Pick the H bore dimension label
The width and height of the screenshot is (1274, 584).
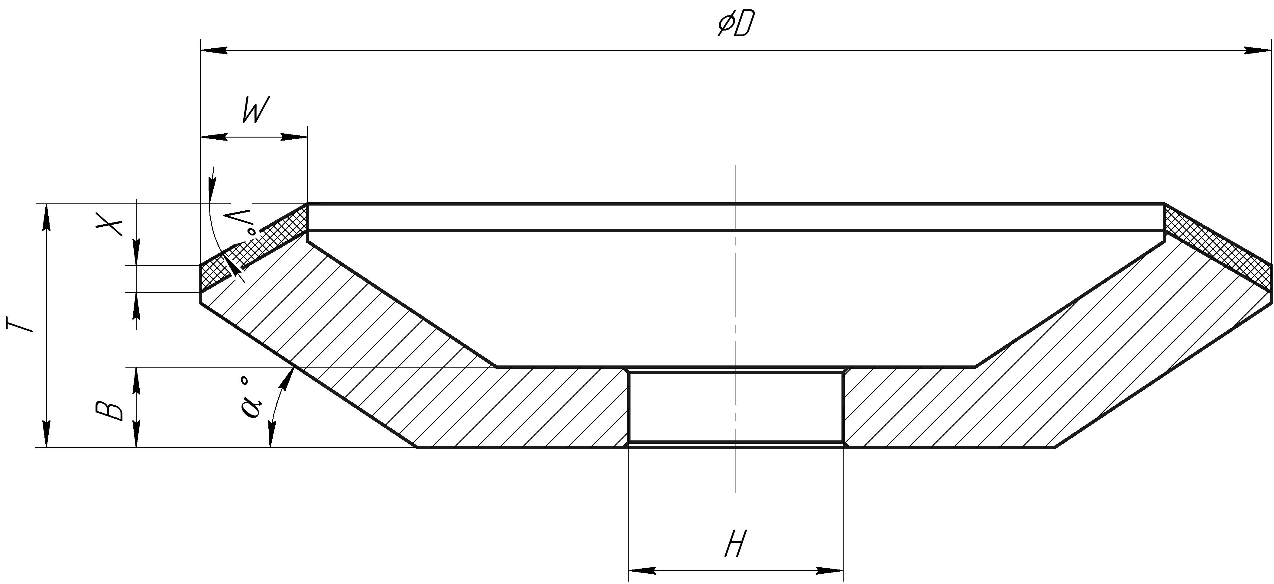[735, 544]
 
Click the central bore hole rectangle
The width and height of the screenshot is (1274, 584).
[735, 407]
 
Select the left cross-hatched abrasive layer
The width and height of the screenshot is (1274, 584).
[252, 247]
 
